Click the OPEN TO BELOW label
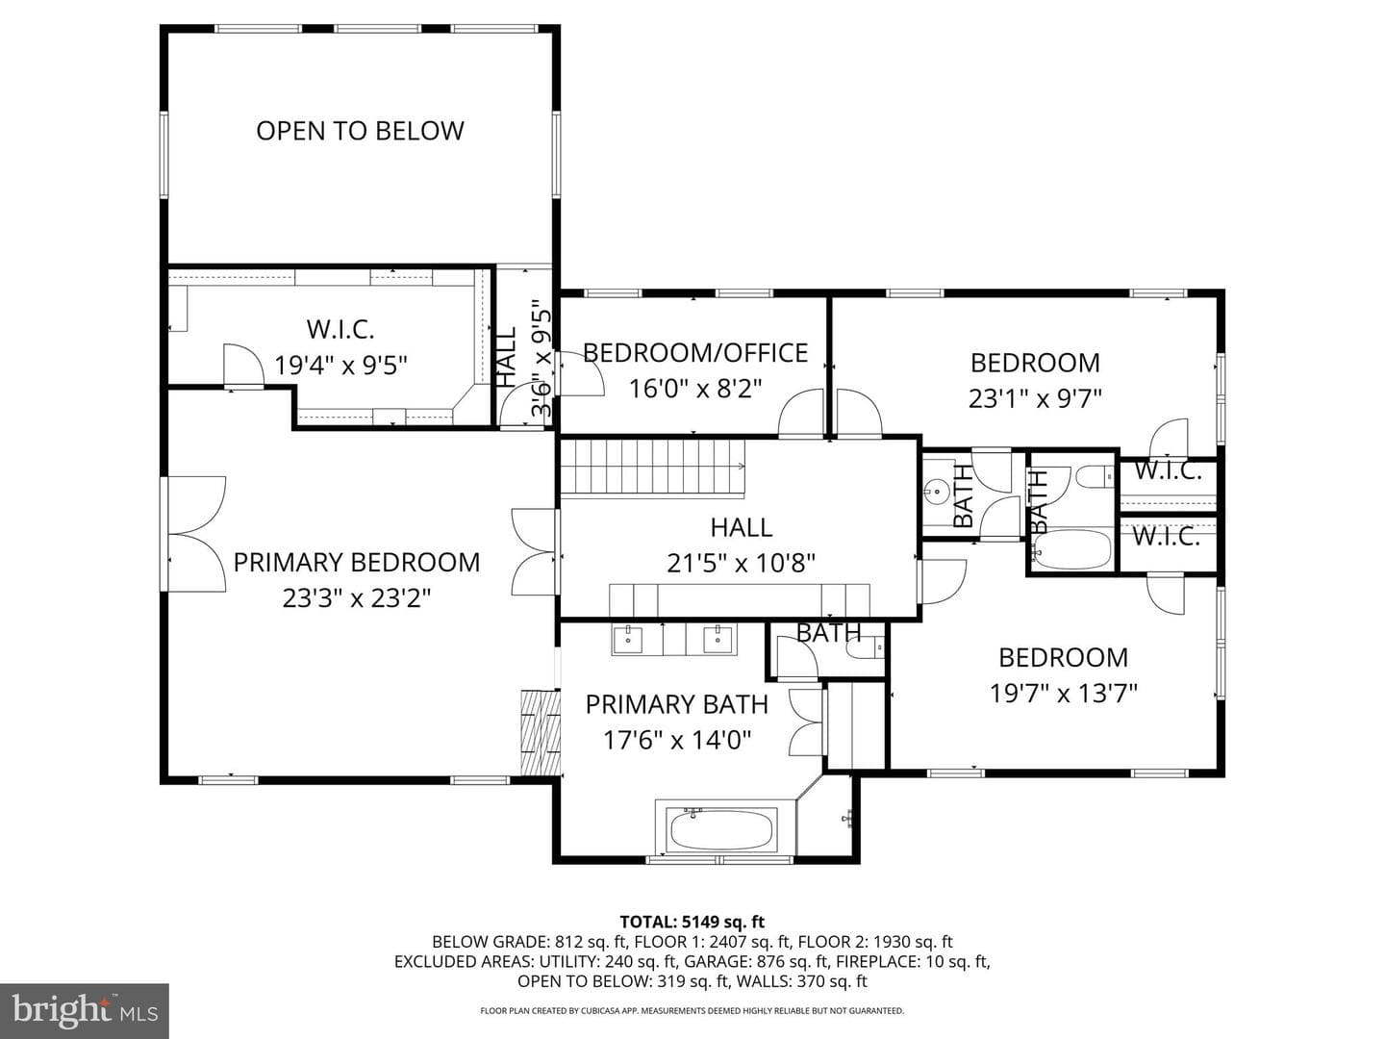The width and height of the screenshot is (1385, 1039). (360, 131)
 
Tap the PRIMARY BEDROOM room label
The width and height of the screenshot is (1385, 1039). (357, 562)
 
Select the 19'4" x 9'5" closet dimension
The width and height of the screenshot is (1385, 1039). (340, 365)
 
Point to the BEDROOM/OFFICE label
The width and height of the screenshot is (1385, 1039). (694, 353)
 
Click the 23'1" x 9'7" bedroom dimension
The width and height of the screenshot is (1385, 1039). (1035, 398)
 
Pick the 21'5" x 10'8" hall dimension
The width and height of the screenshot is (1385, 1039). (741, 564)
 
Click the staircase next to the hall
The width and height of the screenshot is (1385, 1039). (653, 467)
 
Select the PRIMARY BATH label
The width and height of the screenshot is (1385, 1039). (676, 704)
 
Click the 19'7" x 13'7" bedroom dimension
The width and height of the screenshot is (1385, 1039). (1063, 694)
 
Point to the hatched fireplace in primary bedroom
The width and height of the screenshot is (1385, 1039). (541, 732)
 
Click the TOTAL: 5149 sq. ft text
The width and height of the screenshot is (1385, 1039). (692, 923)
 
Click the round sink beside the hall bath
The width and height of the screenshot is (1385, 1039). (937, 491)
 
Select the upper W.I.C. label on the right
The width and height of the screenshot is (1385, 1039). (1168, 470)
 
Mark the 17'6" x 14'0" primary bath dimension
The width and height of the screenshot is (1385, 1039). (676, 740)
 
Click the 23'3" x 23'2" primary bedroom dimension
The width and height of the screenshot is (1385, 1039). (357, 597)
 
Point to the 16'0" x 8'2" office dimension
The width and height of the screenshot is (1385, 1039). (694, 388)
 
